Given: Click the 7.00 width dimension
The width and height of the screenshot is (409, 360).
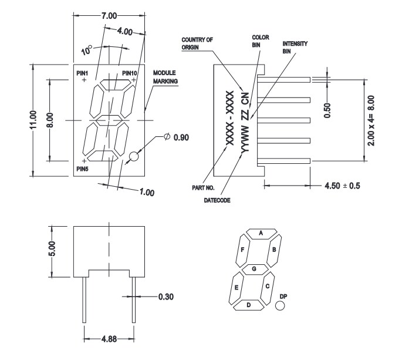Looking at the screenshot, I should [x=109, y=14].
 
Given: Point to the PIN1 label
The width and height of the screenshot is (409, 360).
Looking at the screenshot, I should [x=84, y=72].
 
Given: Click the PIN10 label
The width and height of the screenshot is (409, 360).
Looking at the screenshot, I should [x=130, y=72].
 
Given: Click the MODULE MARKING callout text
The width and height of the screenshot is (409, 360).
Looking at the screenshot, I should [x=165, y=77].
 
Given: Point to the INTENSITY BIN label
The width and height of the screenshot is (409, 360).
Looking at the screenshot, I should [x=295, y=47].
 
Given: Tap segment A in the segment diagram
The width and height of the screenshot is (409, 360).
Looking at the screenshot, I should [x=261, y=233].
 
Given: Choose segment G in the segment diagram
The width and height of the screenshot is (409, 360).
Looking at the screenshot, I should [x=254, y=268].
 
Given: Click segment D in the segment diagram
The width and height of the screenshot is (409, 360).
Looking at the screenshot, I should [x=248, y=305].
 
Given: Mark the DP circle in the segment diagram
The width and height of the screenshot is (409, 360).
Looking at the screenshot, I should [x=280, y=306].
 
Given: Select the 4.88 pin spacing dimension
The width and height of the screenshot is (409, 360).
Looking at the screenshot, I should [x=109, y=338].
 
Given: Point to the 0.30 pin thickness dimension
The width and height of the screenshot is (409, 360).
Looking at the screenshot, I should [x=167, y=297].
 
